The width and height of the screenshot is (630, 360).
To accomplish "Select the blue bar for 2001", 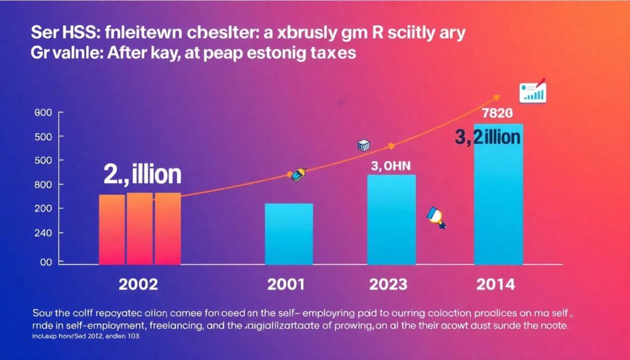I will pyautogui.click(x=289, y=234).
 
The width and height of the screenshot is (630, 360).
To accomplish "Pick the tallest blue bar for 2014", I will pyautogui.click(x=498, y=197).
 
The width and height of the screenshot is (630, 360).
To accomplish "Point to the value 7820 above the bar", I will pyautogui.click(x=497, y=113).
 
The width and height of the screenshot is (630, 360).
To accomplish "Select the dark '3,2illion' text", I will pyautogui.click(x=488, y=138).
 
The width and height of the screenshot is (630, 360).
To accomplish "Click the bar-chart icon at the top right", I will pyautogui.click(x=533, y=92).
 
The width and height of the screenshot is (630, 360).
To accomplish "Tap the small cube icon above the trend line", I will pyautogui.click(x=363, y=145).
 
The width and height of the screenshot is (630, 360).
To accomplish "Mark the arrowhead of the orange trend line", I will pyautogui.click(x=496, y=97).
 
